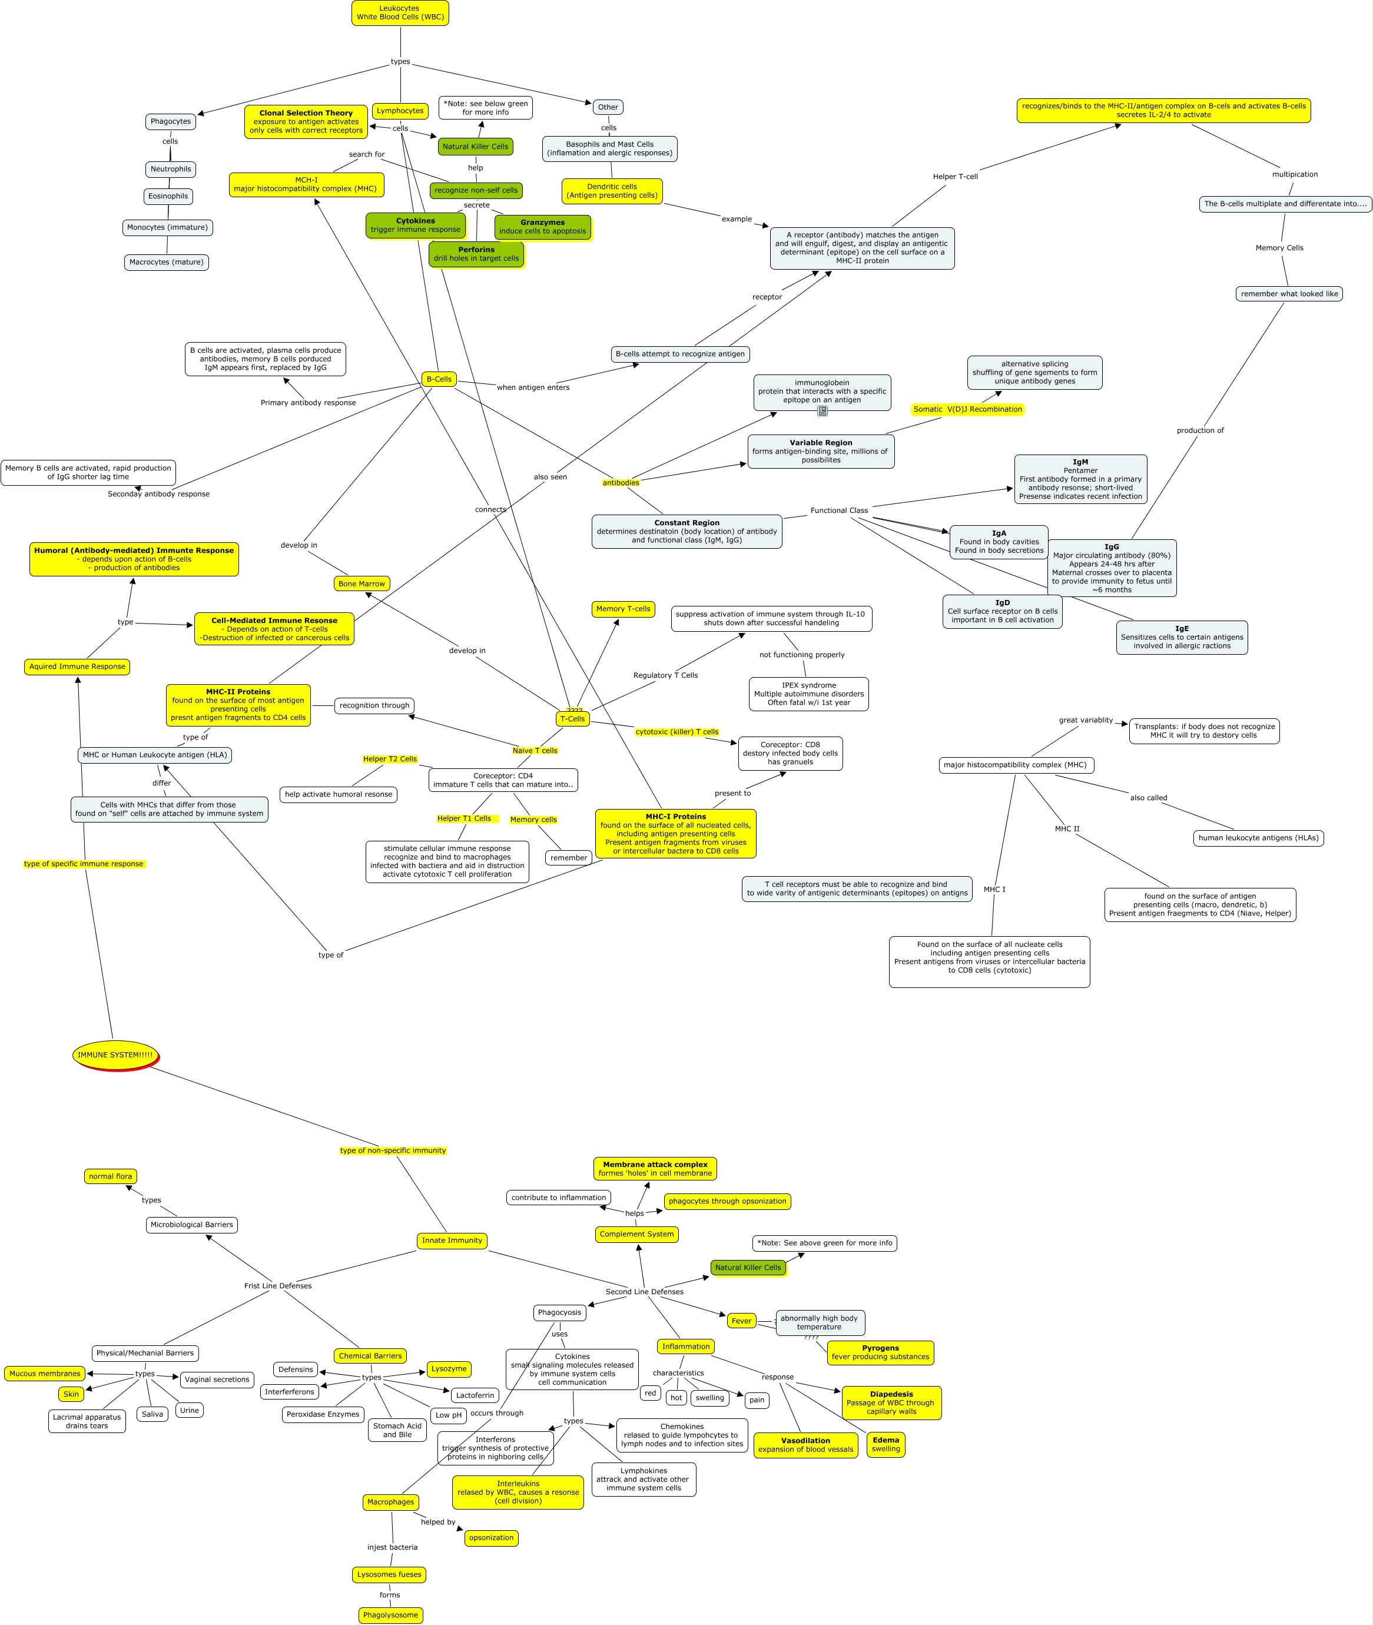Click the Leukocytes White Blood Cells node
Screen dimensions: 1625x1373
[400, 13]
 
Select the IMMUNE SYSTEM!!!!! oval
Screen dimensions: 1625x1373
[115, 1054]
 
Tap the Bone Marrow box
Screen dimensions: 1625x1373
[362, 583]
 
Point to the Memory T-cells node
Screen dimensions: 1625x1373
[623, 609]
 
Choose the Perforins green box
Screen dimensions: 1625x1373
[476, 254]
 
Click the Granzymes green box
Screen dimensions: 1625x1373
[542, 227]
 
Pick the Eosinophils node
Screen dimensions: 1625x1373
[168, 197]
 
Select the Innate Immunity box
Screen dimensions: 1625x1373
[452, 1241]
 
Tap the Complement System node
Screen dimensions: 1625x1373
[636, 1234]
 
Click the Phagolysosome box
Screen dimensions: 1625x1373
[391, 1616]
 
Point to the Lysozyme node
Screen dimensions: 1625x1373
[449, 1369]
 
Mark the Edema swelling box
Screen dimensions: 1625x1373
[886, 1444]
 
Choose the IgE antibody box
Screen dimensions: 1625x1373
[1182, 638]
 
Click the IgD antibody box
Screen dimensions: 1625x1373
[1003, 612]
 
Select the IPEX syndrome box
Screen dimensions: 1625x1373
[809, 694]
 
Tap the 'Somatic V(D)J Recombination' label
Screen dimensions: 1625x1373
[967, 409]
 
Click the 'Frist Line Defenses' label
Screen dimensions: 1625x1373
[278, 1286]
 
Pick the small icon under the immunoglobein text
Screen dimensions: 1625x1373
[823, 411]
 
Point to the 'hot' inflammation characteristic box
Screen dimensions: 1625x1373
[676, 1398]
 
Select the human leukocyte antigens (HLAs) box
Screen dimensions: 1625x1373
[1259, 838]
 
